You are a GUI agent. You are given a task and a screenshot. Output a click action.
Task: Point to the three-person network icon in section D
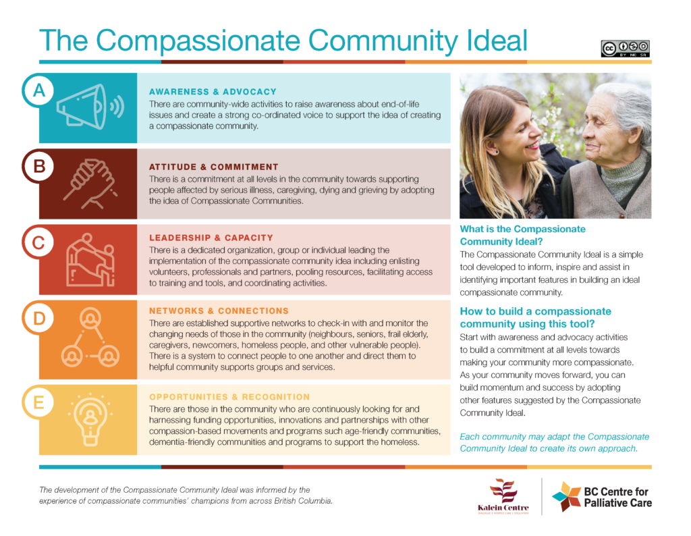(x=90, y=335)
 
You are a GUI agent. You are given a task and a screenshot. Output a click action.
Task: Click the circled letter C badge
(x=39, y=242)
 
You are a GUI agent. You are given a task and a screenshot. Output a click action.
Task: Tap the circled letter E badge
(x=39, y=403)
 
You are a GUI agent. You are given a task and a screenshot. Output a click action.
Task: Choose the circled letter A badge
(x=39, y=90)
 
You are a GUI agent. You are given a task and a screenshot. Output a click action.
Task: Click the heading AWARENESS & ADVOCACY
(x=213, y=92)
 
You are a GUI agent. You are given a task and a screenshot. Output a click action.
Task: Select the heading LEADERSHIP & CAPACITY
(x=211, y=238)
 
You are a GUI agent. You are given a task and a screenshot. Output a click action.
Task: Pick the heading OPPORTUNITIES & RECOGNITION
(x=229, y=397)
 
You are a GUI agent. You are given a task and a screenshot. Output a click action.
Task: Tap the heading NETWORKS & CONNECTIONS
(x=219, y=311)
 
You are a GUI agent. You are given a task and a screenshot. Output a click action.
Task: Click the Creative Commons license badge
(x=626, y=47)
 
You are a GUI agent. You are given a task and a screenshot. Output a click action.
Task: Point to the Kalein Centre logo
(x=503, y=496)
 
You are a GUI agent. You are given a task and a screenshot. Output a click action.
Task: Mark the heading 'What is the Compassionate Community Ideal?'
(x=522, y=235)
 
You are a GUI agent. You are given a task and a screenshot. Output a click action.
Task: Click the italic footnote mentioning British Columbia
(x=185, y=495)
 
